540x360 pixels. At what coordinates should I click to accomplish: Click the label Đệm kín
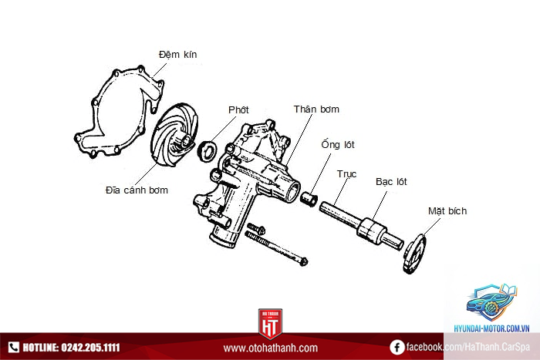(x=177, y=55)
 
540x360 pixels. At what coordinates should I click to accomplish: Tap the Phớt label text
(x=238, y=109)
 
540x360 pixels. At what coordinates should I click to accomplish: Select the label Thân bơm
(x=316, y=109)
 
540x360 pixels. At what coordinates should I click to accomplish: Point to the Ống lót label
(x=338, y=144)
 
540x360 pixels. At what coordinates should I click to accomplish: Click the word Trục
(x=346, y=174)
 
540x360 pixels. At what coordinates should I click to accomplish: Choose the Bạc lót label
(x=391, y=182)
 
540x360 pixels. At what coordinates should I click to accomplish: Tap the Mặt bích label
(x=447, y=210)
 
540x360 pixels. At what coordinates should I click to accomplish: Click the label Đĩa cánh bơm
(x=137, y=190)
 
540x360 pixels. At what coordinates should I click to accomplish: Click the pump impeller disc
(x=174, y=134)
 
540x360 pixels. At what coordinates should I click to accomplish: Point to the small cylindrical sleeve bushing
(x=309, y=199)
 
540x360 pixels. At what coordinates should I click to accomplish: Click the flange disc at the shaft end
(x=414, y=254)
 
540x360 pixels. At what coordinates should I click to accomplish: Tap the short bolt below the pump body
(x=256, y=228)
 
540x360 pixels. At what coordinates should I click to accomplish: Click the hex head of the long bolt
(x=302, y=261)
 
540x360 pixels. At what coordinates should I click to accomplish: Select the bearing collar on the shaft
(x=372, y=231)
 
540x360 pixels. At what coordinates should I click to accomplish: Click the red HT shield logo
(x=270, y=324)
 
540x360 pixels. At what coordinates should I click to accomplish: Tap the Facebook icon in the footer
(x=397, y=347)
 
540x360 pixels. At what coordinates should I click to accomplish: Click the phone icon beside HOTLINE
(x=13, y=347)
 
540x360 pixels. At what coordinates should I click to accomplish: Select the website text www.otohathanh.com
(x=270, y=348)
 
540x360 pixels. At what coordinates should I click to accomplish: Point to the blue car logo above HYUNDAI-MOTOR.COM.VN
(x=492, y=302)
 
